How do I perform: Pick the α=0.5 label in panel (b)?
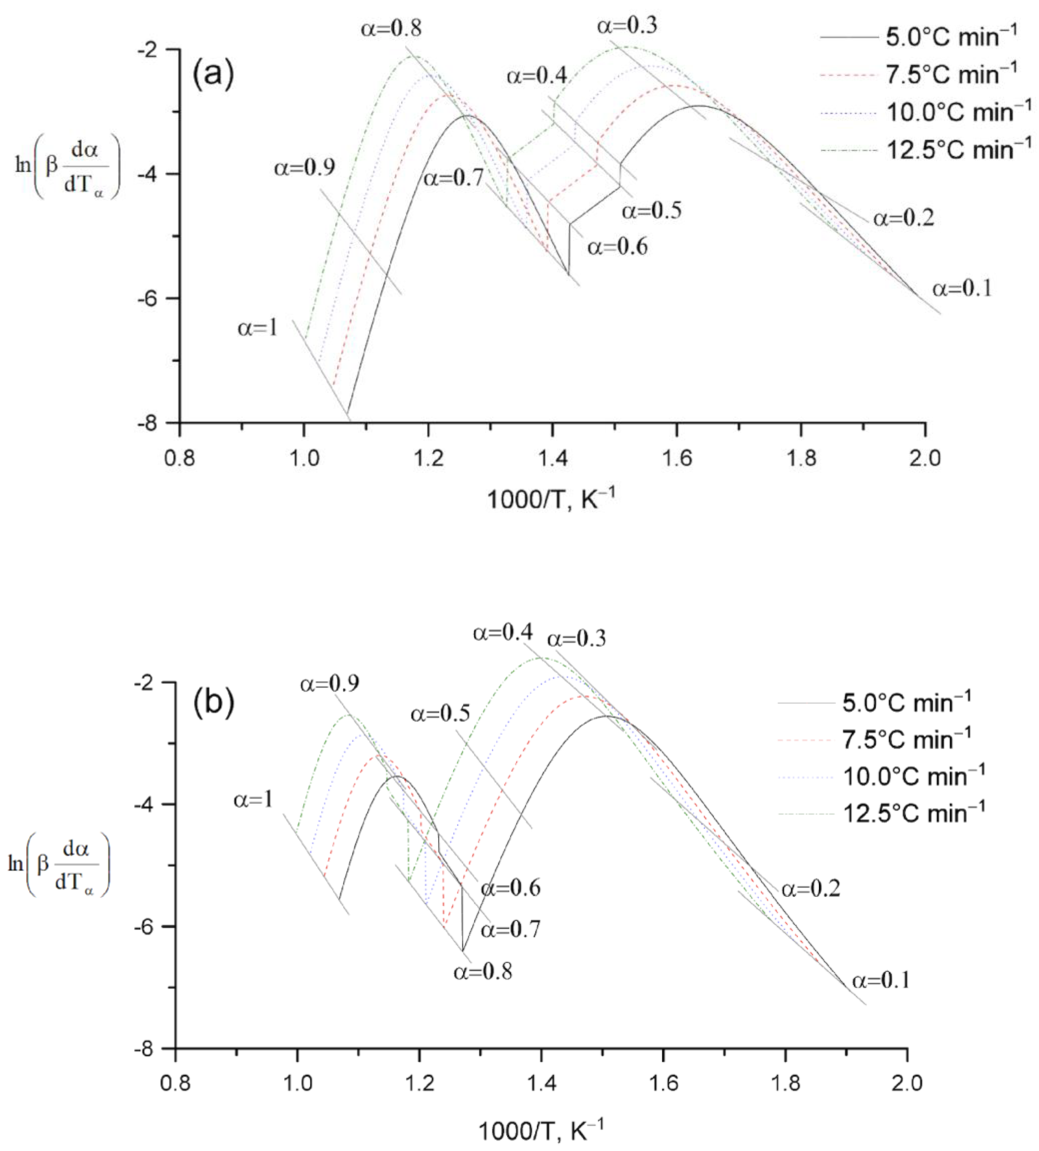440,714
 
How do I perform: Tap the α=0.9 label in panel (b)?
330,683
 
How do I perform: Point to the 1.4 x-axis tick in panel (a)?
552,458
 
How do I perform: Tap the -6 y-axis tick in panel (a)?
149,299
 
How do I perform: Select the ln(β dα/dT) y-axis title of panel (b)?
59,864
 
